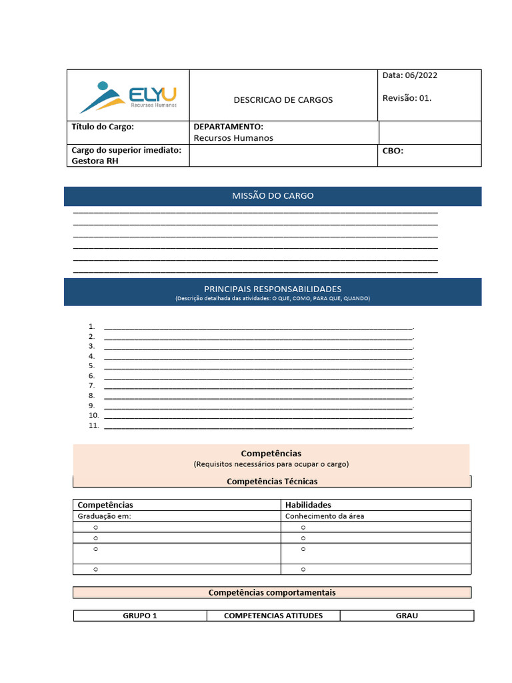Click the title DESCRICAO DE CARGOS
click(x=283, y=100)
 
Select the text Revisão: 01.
click(x=407, y=98)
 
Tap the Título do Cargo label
click(x=103, y=127)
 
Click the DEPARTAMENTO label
click(x=228, y=127)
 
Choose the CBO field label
click(x=393, y=151)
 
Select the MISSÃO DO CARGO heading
click(x=273, y=196)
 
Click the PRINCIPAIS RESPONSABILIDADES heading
click(x=273, y=289)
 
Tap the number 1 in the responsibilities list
click(x=91, y=327)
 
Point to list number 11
click(x=93, y=426)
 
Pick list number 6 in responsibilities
click(x=91, y=376)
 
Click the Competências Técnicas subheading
click(x=272, y=481)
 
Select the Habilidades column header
click(x=308, y=505)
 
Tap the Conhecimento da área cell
click(x=325, y=516)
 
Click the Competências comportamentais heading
click(x=272, y=592)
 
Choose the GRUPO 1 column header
click(x=140, y=616)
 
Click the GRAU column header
click(x=407, y=616)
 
